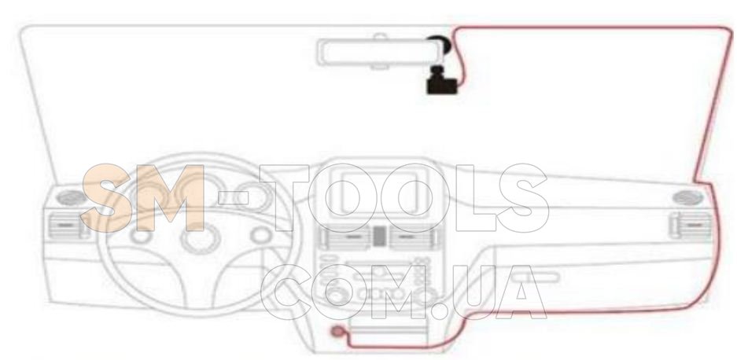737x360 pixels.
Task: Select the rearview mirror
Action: (379, 52)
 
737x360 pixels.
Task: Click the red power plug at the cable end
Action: (337, 332)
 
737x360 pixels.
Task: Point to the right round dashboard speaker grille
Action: (687, 197)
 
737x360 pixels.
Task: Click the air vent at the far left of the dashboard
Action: (64, 225)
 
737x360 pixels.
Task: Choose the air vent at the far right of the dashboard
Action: (690, 226)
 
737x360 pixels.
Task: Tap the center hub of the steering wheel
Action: (201, 239)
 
